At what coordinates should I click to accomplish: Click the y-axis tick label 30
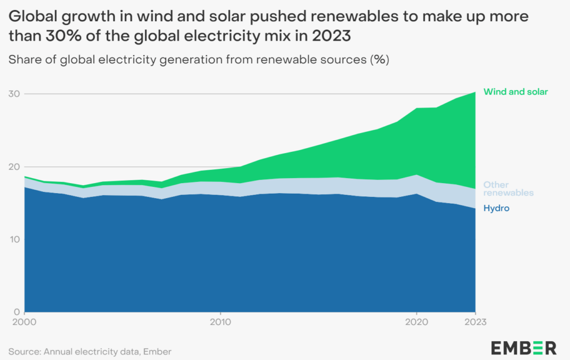pos(14,94)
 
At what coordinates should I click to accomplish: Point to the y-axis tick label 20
pos(14,167)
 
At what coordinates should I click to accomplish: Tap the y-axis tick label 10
pos(14,240)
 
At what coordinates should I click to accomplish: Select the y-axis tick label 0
pos(17,312)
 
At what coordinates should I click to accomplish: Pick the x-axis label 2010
pos(221,322)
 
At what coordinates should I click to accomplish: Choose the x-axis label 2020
pos(416,322)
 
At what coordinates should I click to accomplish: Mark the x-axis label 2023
pos(475,322)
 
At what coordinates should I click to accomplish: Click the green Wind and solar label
pos(516,92)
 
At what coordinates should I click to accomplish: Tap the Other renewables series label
pos(508,189)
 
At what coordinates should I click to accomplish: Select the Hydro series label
pos(497,208)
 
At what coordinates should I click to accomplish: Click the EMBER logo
pos(523,348)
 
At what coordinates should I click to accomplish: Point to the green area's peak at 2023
pos(475,92)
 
